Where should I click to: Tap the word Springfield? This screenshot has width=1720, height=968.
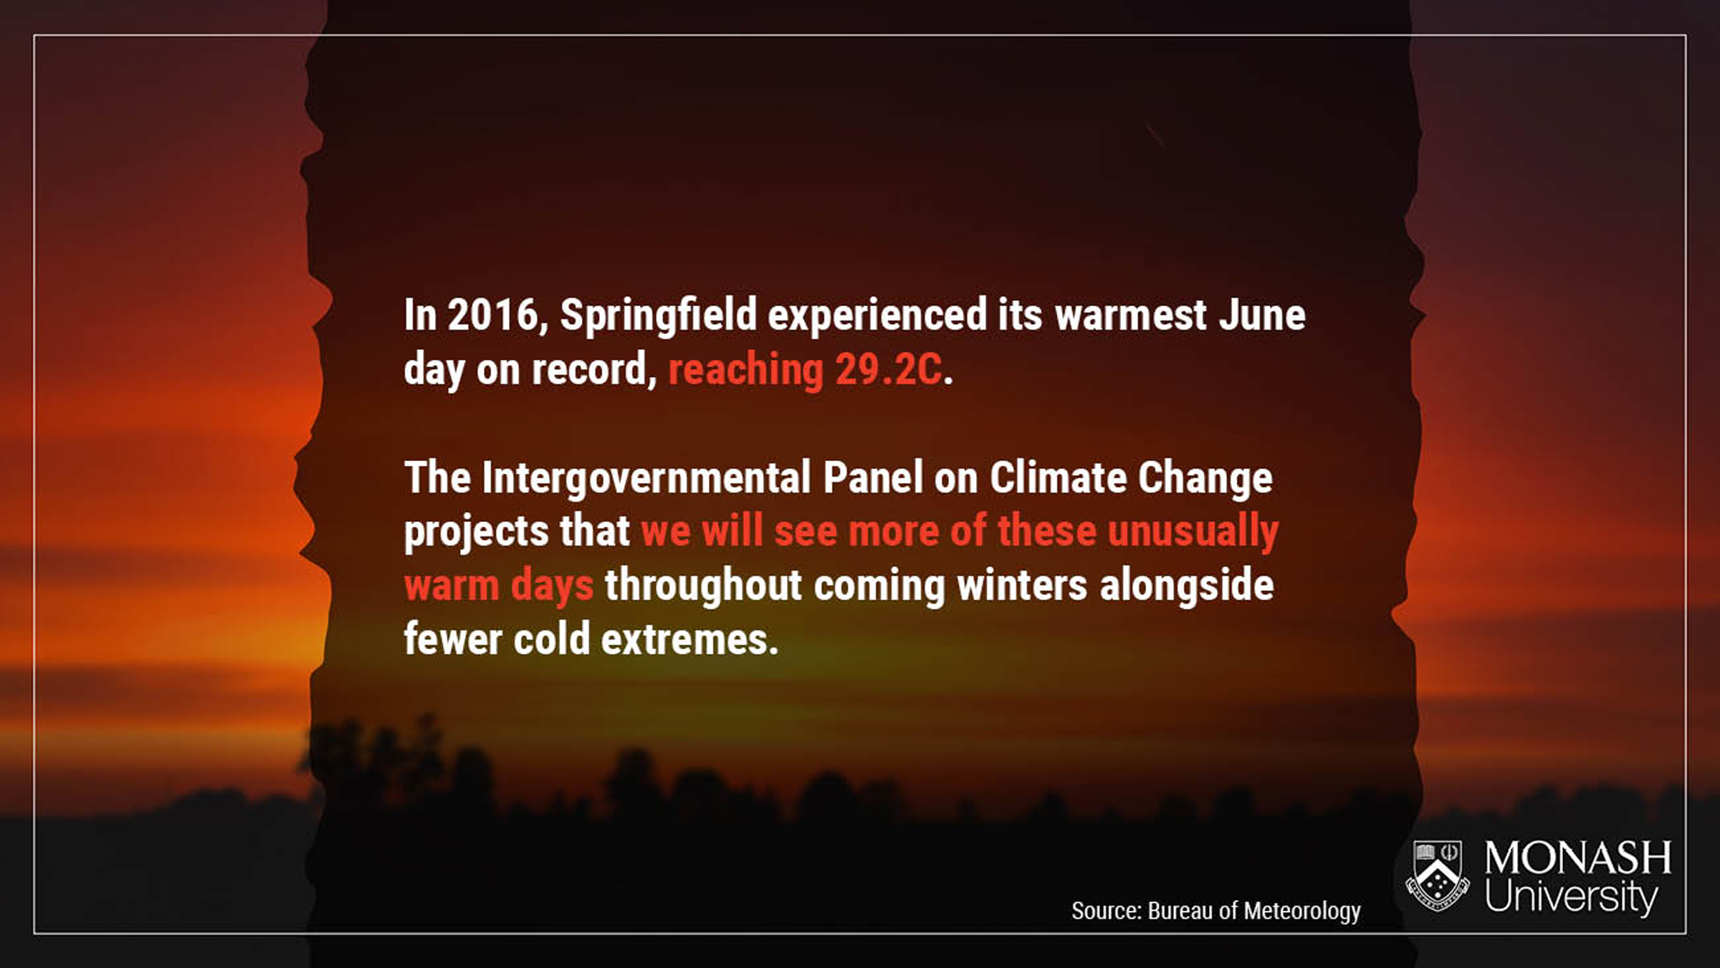659,317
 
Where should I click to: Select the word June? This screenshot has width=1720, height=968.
1263,315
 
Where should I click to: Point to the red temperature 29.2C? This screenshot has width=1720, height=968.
888,370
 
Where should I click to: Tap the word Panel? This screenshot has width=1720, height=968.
873,478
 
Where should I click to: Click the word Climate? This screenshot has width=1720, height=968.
1059,478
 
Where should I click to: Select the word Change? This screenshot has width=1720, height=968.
1205,479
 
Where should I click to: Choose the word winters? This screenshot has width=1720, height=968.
1022,585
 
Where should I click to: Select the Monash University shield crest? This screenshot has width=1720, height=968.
1438,876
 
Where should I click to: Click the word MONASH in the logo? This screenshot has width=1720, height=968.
1577,858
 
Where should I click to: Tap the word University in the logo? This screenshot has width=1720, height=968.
1571,897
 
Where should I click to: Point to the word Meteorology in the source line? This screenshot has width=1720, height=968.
1302,911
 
